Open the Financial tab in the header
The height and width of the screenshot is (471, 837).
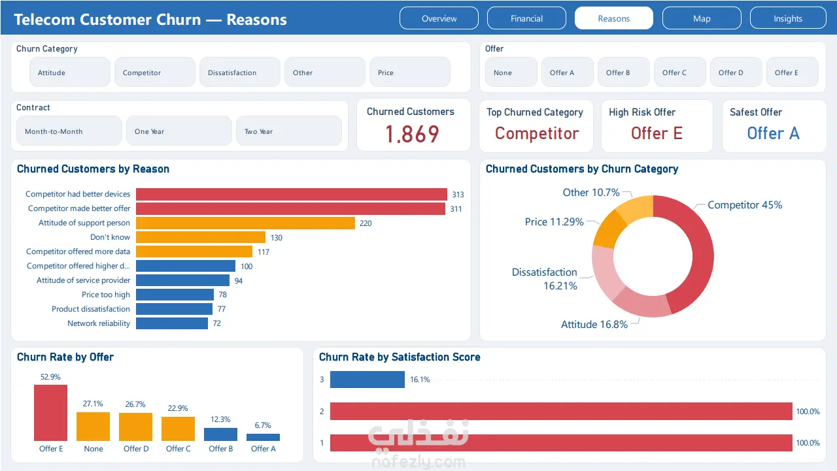point(526,18)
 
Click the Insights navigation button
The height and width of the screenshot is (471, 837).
point(788,18)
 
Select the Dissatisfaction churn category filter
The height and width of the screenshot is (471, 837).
point(240,73)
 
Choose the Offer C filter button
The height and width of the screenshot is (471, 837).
point(679,73)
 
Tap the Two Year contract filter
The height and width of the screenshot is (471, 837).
point(289,131)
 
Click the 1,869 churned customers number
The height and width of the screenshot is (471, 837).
point(412,134)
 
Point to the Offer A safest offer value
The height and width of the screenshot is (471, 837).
point(773,133)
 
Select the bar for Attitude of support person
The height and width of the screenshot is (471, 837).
point(245,223)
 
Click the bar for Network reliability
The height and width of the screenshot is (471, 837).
point(172,323)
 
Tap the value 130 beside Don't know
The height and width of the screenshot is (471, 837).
point(277,238)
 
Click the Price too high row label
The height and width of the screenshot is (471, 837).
point(106,295)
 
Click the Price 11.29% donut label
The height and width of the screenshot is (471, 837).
point(554,221)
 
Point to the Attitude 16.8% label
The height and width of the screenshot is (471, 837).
point(594,324)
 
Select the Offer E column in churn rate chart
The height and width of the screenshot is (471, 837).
point(50,413)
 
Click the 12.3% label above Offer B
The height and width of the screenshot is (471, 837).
point(220,419)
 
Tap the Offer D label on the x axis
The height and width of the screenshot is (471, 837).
point(136,449)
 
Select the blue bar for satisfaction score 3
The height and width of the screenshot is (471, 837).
point(367,379)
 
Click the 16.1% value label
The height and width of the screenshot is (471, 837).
point(420,380)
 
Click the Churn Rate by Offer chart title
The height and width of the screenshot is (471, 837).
point(65,357)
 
